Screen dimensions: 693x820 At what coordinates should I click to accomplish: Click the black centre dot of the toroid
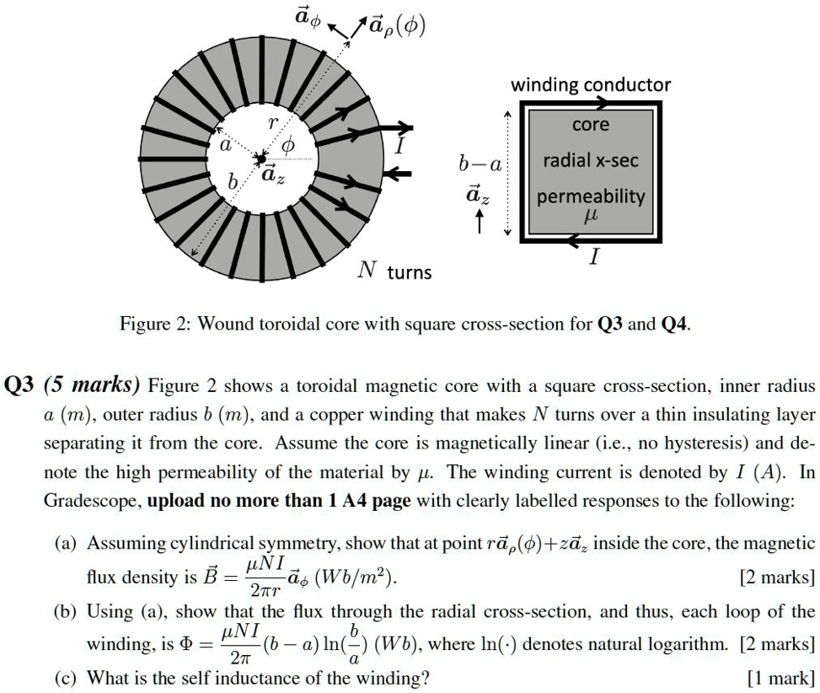[261, 158]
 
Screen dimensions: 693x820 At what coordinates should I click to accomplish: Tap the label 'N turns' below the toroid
[394, 271]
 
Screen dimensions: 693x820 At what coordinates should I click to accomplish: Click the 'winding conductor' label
[591, 84]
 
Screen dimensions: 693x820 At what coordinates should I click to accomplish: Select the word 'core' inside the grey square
[590, 125]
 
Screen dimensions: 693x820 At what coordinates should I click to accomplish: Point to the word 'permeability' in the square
[590, 196]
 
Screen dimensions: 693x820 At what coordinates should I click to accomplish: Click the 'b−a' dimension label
[480, 166]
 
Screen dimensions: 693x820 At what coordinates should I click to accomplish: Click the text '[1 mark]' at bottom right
[780, 677]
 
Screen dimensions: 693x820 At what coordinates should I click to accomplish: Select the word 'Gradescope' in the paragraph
[92, 501]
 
